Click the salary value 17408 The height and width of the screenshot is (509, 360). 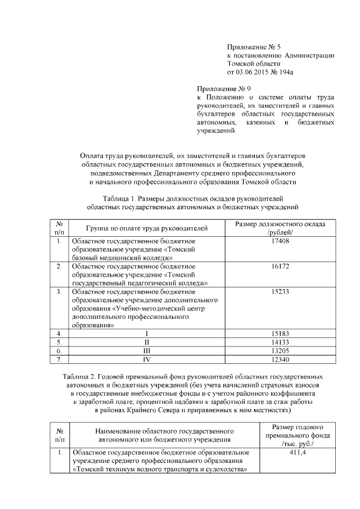(280, 241)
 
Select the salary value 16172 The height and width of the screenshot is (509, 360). (280, 266)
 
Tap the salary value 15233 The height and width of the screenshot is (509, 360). (280, 292)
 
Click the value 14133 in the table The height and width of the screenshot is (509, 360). (280, 343)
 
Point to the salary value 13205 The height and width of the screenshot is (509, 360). (280, 351)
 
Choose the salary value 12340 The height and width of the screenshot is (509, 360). (280, 359)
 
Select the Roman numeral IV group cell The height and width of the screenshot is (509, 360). (147, 359)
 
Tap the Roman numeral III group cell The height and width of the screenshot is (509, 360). (147, 351)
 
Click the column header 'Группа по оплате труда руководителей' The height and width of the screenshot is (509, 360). (147, 228)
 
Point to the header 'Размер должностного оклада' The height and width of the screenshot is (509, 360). (280, 224)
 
